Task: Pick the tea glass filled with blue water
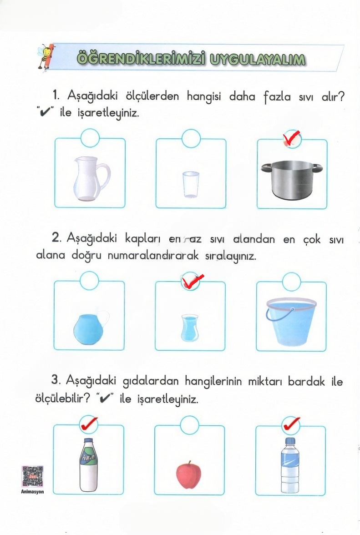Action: point(188,328)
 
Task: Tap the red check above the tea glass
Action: point(193,282)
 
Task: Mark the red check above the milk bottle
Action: point(89,424)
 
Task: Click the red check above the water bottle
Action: point(291,424)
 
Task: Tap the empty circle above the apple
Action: point(189,425)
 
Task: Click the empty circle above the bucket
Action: point(291,282)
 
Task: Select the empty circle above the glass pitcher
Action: point(90,138)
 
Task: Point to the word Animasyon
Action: point(32,492)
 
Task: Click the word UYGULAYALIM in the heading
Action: point(258,59)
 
